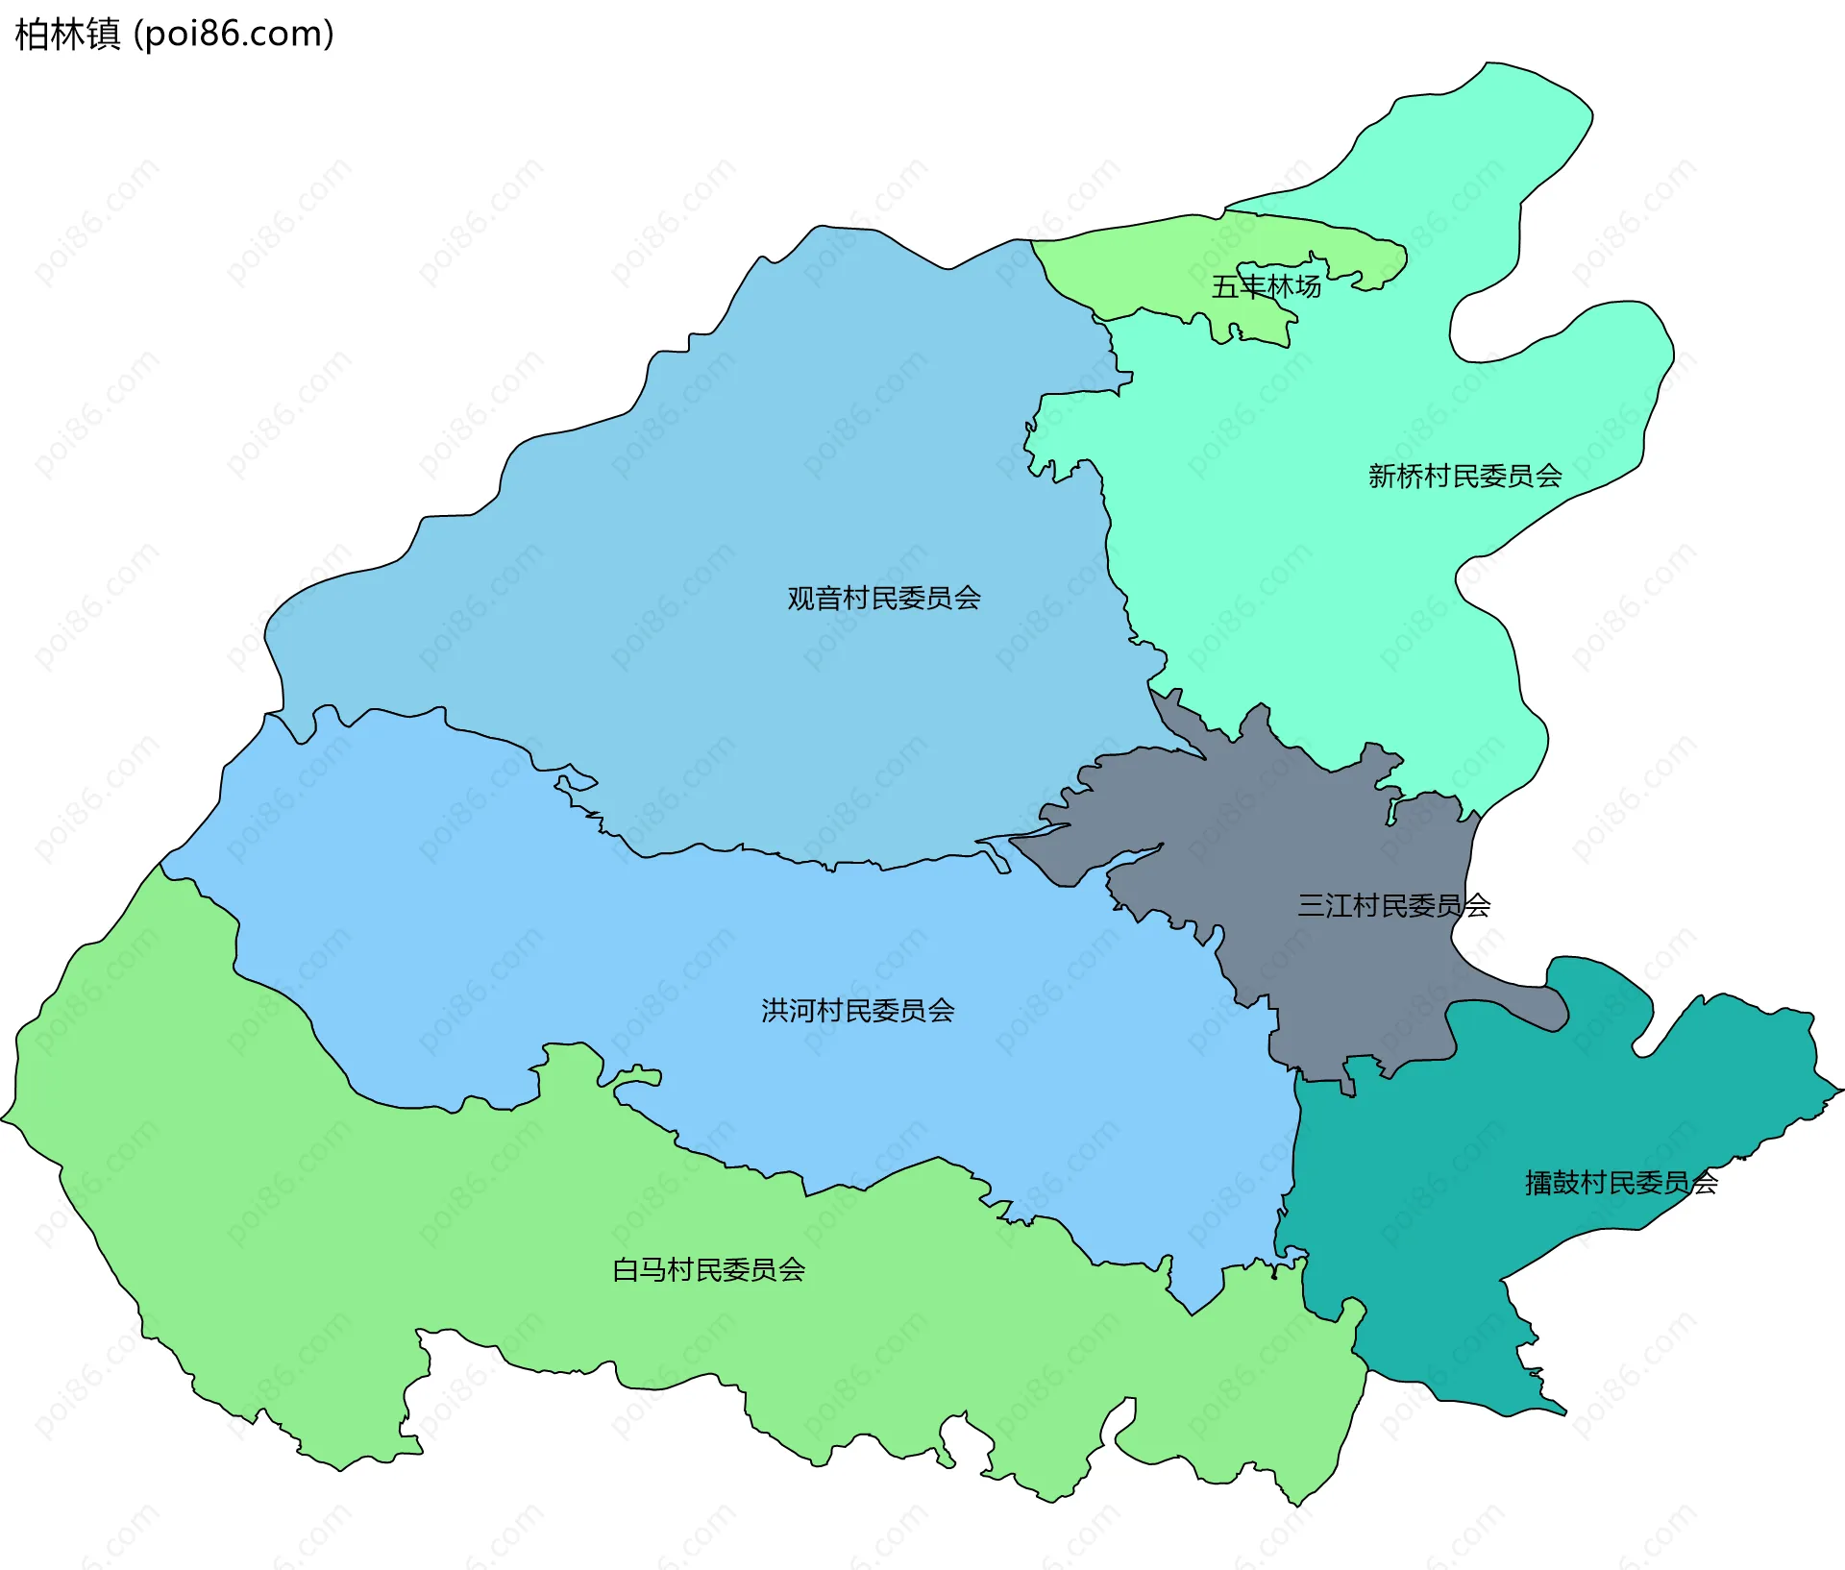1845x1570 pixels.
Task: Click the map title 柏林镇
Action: [x=67, y=35]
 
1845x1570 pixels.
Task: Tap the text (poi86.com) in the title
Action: [x=234, y=35]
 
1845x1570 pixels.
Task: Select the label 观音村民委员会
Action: [x=883, y=599]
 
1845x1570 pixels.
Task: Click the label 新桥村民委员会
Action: [x=1464, y=476]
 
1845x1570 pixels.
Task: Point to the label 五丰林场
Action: [x=1266, y=286]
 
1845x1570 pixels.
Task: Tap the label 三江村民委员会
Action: [x=1393, y=905]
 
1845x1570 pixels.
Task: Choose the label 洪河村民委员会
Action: [x=857, y=1011]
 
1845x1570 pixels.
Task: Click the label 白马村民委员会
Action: [x=708, y=1270]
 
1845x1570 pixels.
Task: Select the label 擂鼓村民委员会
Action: [x=1621, y=1183]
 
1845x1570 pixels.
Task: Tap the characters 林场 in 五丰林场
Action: [x=1293, y=286]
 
